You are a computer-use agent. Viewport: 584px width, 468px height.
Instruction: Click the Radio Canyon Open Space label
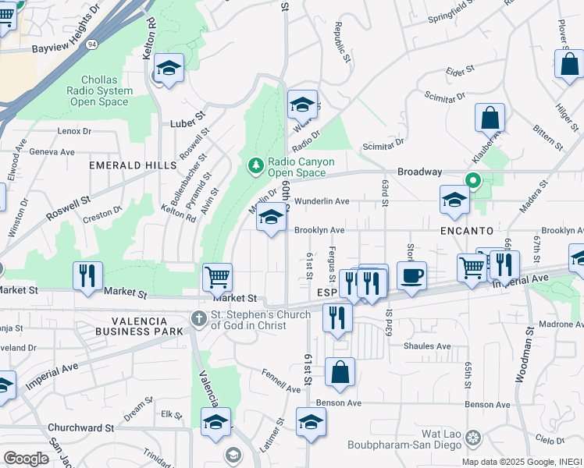point(301,167)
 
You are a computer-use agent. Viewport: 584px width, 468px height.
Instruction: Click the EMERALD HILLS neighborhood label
point(133,165)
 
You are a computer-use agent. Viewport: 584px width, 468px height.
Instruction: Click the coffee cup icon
point(411,275)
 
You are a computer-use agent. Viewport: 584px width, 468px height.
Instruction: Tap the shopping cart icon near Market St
point(217,276)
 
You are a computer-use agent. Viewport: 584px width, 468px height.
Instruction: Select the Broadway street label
point(420,172)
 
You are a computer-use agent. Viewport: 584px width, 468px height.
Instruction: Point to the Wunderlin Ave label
point(321,201)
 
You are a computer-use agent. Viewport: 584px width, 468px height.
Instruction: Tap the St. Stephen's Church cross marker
point(200,317)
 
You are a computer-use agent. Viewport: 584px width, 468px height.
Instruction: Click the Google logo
point(26,458)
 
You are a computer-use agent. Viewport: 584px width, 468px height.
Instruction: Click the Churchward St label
point(80,427)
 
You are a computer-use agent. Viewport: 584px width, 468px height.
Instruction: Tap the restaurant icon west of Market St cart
point(87,275)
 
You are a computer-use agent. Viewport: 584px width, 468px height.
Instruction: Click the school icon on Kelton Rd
point(169,68)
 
